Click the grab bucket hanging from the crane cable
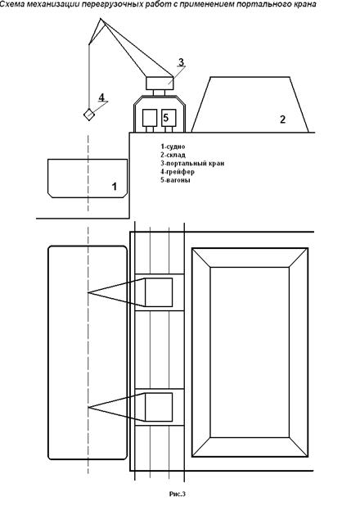(x=89, y=115)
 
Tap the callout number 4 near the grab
(x=101, y=97)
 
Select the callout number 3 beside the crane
(x=181, y=61)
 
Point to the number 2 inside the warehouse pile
(x=282, y=120)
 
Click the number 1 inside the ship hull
(x=115, y=187)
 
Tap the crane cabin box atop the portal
(x=160, y=83)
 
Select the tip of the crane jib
(x=100, y=19)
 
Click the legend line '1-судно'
(x=173, y=147)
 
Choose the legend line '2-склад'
(x=173, y=155)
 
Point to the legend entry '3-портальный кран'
(x=192, y=163)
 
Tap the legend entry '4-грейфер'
(x=178, y=171)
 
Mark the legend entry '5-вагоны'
(x=175, y=180)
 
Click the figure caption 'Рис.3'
(x=178, y=494)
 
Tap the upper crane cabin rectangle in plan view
(x=159, y=292)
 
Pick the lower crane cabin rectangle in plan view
(x=159, y=407)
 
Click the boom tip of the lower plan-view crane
(x=88, y=408)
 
